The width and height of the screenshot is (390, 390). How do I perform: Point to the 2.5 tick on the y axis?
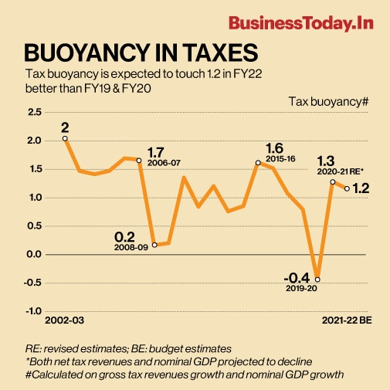coord(35,113)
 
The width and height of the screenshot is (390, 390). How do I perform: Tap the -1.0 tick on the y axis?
coord(33,310)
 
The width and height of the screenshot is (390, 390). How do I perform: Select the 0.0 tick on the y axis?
coord(35,254)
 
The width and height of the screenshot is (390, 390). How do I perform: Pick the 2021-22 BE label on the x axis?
coord(347,319)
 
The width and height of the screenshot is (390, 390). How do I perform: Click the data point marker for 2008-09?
coord(154,244)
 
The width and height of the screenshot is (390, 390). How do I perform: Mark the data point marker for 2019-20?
coord(317,279)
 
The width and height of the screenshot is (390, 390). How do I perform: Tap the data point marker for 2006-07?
coord(139,161)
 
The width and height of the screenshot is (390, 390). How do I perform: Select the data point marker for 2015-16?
coord(258,163)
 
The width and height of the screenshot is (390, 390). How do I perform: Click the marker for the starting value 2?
coord(65,139)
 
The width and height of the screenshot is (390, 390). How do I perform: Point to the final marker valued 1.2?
coord(347,188)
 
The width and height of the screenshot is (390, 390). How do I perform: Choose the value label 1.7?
coord(155,151)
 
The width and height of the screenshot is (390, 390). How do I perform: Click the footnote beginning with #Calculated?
coord(184,375)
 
